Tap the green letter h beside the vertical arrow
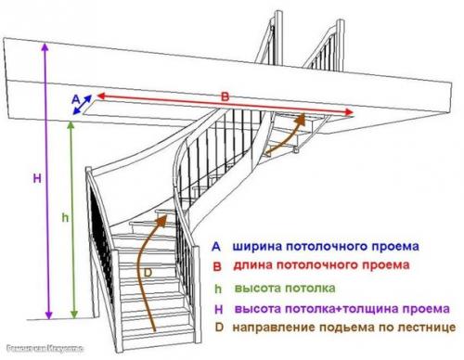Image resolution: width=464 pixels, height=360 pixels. (64, 216)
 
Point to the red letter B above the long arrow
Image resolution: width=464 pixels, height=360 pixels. (224, 96)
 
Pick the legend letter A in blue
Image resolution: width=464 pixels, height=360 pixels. (215, 248)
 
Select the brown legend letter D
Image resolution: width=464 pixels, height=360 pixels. (215, 328)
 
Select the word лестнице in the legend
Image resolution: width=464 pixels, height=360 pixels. (426, 328)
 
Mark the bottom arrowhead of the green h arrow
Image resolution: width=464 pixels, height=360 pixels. (74, 313)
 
